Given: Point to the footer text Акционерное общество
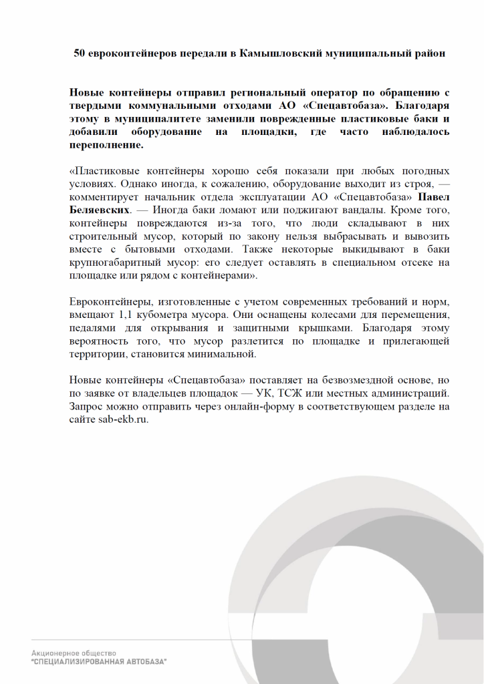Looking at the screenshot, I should click(x=74, y=653).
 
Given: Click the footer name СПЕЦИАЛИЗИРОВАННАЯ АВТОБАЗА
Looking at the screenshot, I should click(x=99, y=661).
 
